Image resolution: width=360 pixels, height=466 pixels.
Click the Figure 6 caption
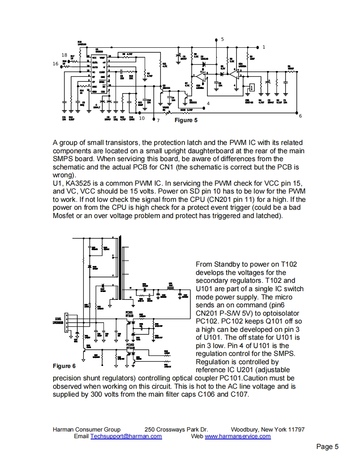pos(64,366)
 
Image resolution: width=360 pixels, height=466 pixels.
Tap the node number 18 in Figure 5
pos(64,55)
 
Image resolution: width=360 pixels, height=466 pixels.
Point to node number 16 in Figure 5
pos(56,64)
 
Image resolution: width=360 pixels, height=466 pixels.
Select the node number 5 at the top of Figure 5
pos(222,39)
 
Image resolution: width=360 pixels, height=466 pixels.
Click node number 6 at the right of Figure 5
pos(301,116)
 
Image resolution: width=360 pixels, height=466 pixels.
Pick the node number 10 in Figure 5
pos(142,118)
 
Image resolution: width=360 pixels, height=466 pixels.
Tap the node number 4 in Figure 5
pos(208,103)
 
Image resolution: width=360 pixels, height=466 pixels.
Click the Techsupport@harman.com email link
pos(126,437)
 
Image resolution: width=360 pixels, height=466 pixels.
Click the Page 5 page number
pos(327,447)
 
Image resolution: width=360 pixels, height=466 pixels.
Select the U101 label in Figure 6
pos(57,318)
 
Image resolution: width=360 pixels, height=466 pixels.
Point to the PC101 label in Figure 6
pos(129,312)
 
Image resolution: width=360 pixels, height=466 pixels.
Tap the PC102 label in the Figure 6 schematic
pos(130,344)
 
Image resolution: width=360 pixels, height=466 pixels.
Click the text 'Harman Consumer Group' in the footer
pos(86,429)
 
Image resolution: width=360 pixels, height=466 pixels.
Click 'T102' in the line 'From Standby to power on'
pos(289,265)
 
